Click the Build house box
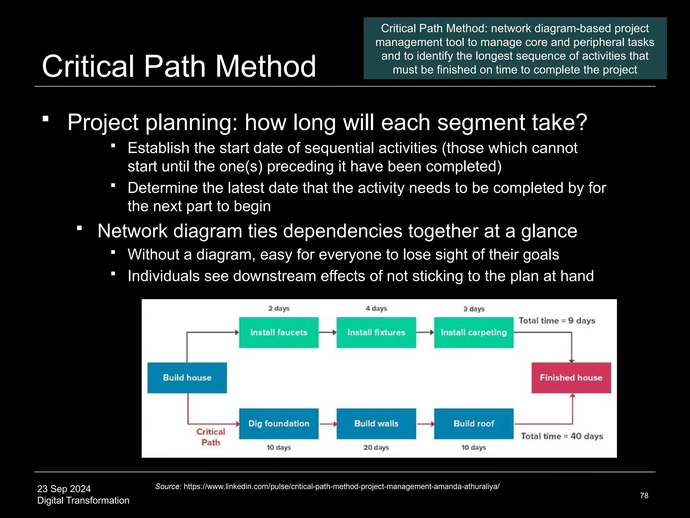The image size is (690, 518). coord(187,378)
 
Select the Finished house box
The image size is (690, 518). coord(571,378)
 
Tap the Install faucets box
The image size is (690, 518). coord(279,333)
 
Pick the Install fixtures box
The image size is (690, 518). coord(376,333)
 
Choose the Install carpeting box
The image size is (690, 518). coord(474,333)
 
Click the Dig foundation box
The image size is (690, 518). coord(279,424)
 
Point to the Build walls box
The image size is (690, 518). coord(376,424)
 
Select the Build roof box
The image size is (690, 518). coord(474,424)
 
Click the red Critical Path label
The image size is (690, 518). coord(211,437)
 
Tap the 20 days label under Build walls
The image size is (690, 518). coord(376,448)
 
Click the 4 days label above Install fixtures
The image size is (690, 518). coord(376,308)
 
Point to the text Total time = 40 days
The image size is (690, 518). coord(562,436)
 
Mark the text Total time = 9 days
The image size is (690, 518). coord(557,320)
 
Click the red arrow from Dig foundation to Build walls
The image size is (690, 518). coord(327,424)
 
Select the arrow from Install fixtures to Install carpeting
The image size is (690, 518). coord(425,333)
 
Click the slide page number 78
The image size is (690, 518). coord(644,495)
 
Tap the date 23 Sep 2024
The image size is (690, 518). coord(64,489)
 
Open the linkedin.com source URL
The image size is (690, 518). coord(341,487)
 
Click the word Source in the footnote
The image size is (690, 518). coord(168,487)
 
